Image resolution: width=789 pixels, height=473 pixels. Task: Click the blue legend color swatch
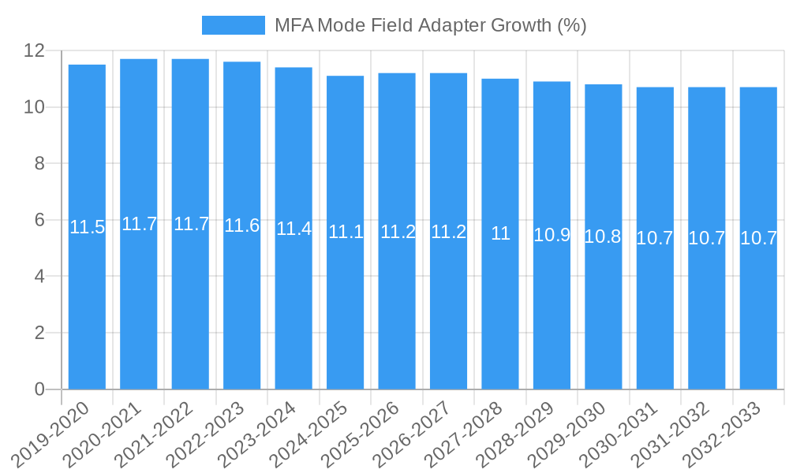pos(233,25)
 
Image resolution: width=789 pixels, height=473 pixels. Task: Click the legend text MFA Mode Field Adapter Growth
pos(430,25)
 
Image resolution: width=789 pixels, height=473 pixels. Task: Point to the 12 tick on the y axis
pos(36,50)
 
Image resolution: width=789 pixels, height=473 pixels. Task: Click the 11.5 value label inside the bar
pos(87,228)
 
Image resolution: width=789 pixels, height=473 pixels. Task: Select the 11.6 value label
pos(241,225)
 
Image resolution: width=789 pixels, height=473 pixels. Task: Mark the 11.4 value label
pos(294,229)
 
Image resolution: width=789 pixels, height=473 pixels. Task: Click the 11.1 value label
pos(346,232)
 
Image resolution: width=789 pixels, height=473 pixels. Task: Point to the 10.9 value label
pos(552,234)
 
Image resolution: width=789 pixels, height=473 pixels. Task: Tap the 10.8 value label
pos(603,236)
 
